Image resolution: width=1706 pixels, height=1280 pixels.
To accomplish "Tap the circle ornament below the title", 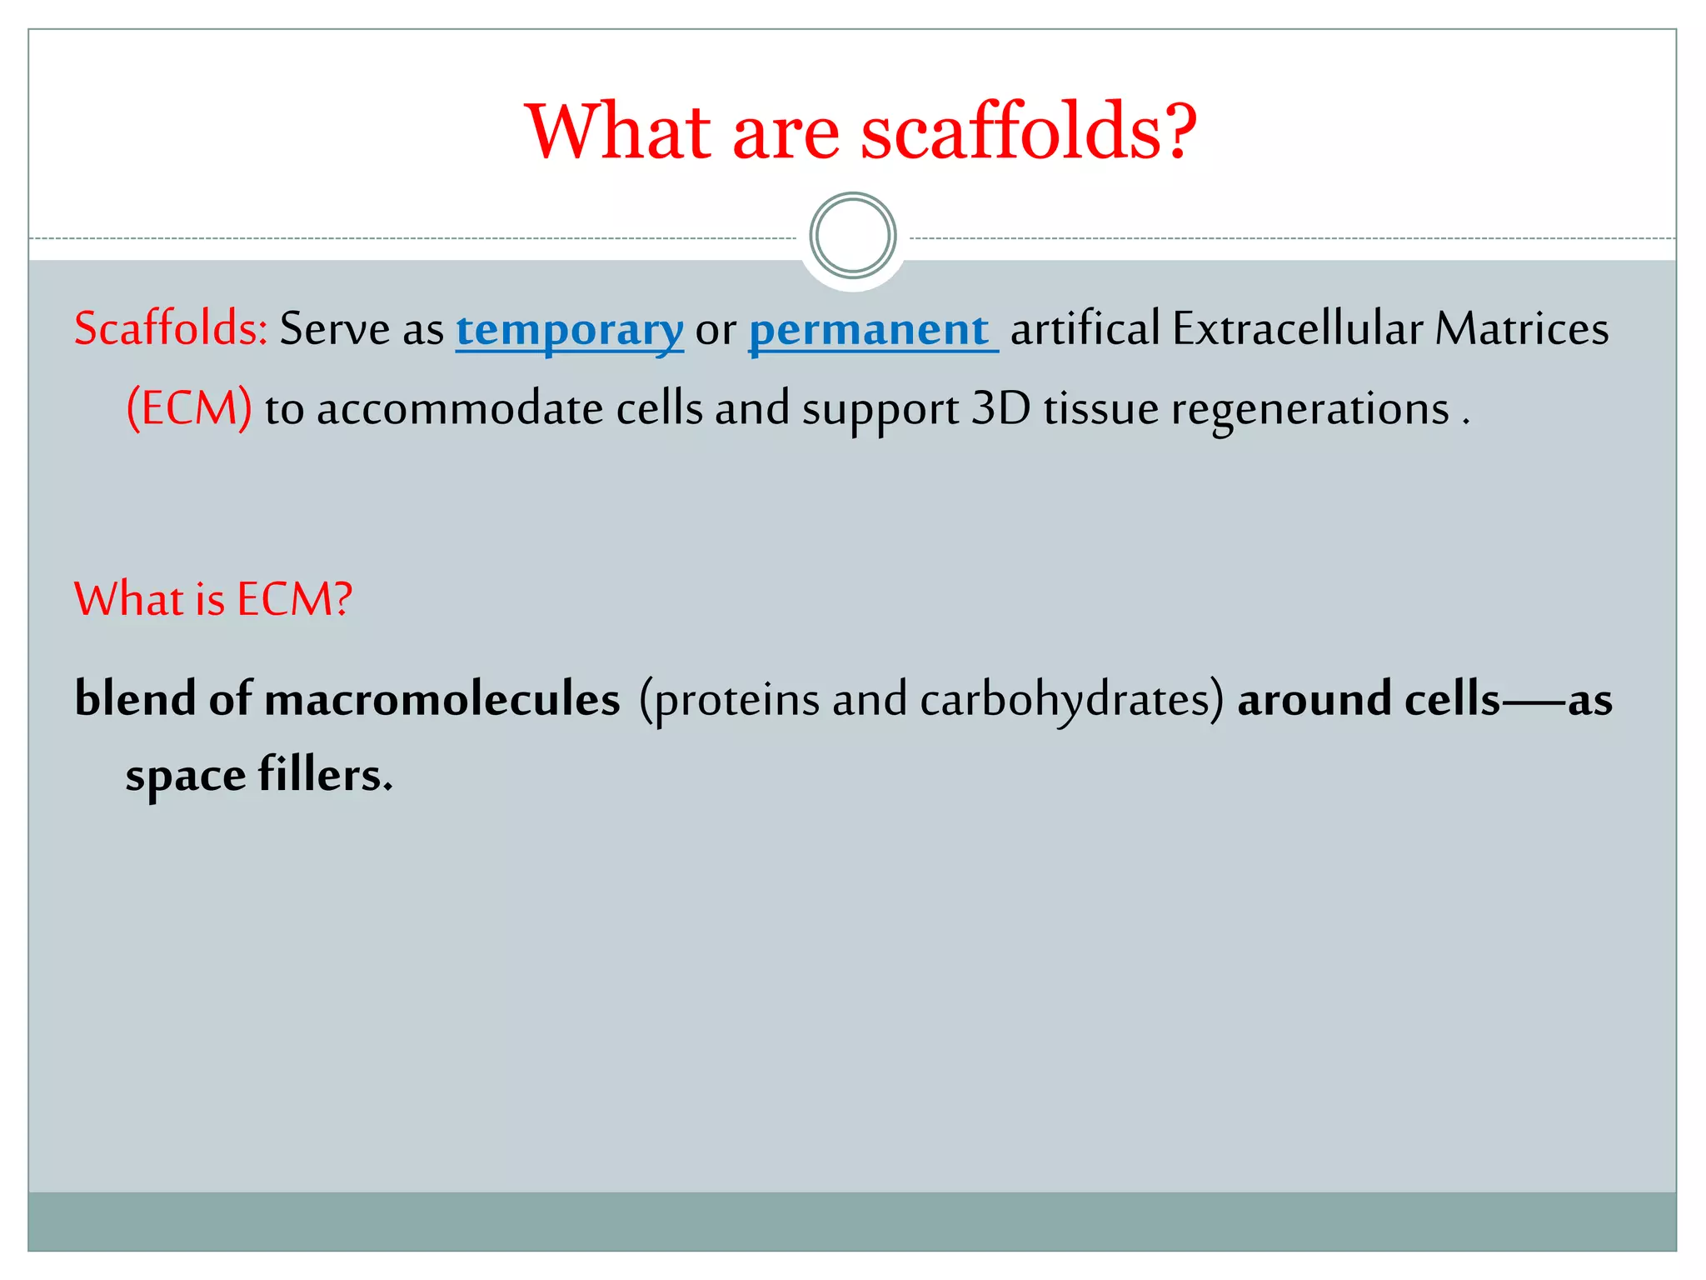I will [852, 236].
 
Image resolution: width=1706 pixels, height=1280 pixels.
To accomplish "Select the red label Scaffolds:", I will [170, 328].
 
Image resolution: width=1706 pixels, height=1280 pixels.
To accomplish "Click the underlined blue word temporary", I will [570, 330].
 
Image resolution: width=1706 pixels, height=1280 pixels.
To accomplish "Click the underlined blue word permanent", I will [869, 330].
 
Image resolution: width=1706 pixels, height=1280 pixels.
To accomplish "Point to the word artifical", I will [1085, 328].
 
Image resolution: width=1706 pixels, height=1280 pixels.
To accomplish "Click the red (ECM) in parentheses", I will [189, 409].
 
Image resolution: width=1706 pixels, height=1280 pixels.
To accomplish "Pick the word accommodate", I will [460, 409].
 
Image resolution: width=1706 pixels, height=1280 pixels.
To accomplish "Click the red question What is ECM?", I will [213, 599].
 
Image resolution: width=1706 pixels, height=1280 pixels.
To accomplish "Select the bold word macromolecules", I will [441, 698].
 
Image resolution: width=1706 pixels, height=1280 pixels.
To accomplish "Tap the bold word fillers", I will [325, 775].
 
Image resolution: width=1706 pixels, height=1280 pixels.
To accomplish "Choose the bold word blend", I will [135, 698].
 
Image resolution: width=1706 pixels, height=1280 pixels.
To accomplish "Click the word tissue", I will [1100, 409].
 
